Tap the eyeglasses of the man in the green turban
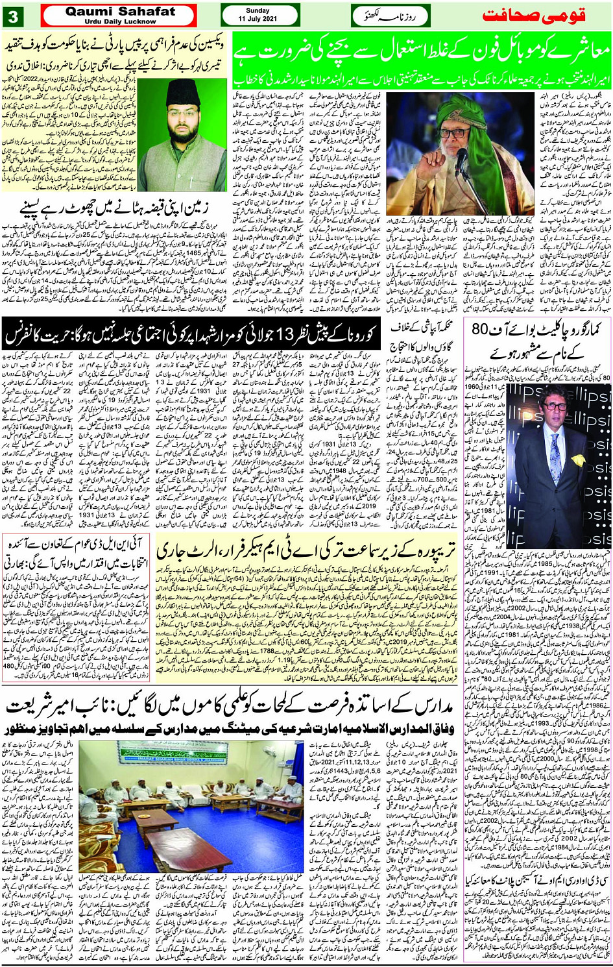455,132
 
